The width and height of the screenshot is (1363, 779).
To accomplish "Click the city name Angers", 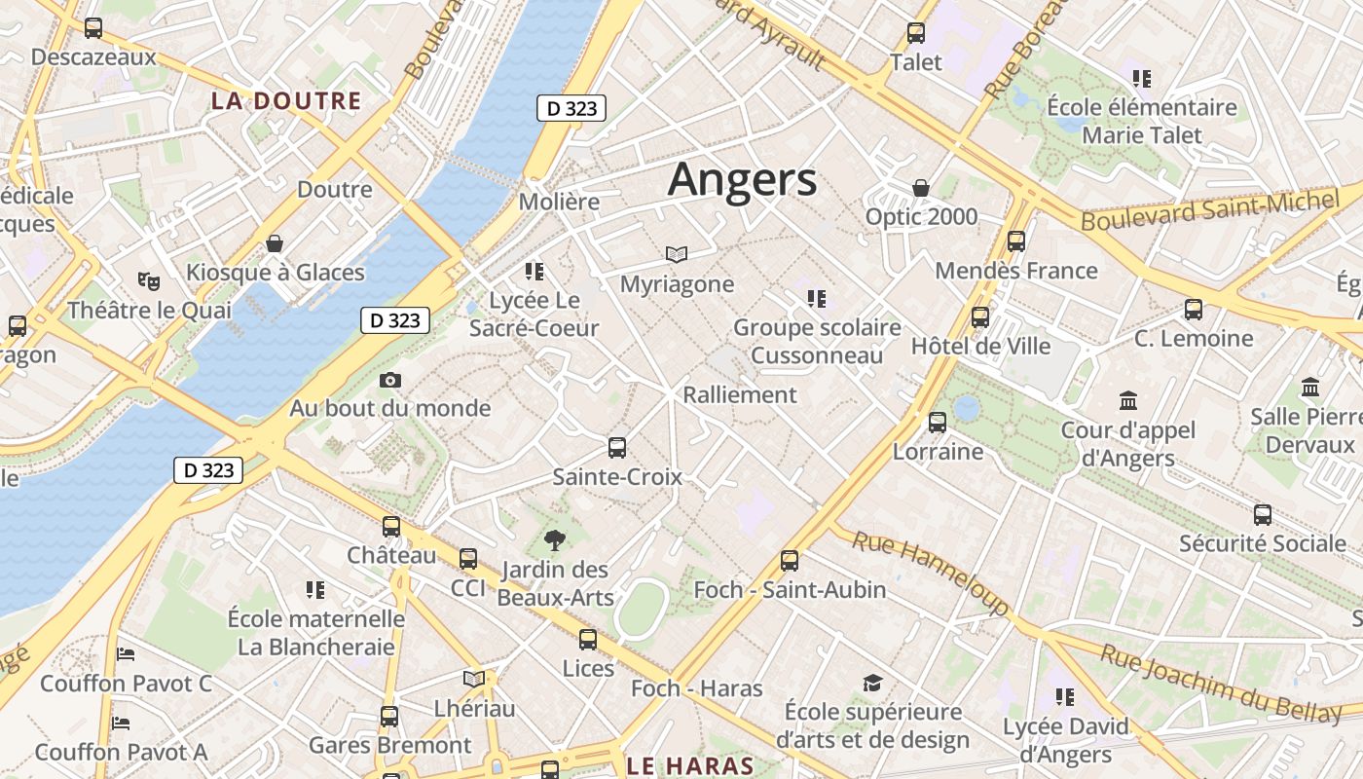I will coord(742,180).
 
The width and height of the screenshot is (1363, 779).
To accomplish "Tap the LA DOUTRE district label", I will coord(286,100).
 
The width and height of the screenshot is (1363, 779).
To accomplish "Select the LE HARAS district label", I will coord(690,765).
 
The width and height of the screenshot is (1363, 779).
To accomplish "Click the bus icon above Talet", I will coord(915,33).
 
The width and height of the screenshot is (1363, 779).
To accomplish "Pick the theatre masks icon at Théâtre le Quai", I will coord(148,281).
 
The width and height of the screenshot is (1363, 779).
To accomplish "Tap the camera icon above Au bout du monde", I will coord(390,380).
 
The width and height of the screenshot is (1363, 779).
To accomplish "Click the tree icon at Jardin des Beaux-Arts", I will coord(555,539).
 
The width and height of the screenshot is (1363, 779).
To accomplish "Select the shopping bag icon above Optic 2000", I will coord(920,188).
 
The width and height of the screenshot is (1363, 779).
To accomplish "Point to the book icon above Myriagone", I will coord(677,254).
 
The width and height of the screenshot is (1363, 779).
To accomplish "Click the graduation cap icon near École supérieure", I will coord(872,684).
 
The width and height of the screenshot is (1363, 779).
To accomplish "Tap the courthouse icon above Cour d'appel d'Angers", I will coord(1128,400).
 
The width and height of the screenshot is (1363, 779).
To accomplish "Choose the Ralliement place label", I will coord(740,394).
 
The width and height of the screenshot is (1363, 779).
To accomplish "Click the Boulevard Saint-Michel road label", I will coord(1210,210).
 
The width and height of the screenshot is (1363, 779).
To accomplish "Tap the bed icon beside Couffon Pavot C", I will coord(126,653).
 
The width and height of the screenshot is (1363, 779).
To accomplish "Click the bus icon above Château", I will coord(391,527).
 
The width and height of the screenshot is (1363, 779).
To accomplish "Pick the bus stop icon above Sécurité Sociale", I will coord(1263,514).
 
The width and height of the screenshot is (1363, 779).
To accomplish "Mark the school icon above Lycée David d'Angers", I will coord(1065,696).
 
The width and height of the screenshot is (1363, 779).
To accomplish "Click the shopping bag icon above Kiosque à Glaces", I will coord(275,242).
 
